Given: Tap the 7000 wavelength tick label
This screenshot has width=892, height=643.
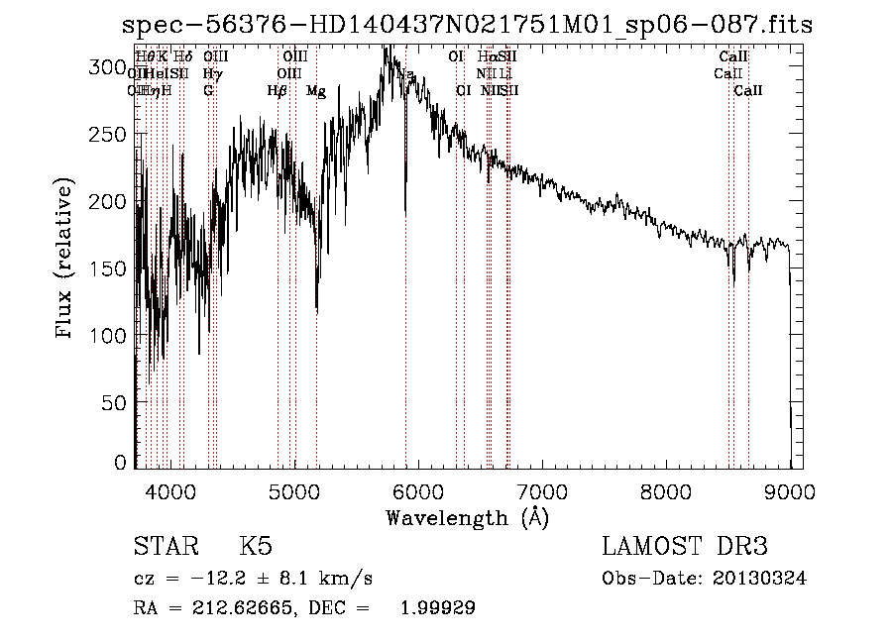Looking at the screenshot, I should [x=542, y=489].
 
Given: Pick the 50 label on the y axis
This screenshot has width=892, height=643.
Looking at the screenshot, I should [x=116, y=402].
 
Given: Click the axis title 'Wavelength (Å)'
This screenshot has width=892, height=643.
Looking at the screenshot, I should [x=467, y=517].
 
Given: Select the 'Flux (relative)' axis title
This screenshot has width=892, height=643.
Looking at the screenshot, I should [x=65, y=260].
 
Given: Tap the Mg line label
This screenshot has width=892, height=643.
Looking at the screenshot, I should [x=316, y=91].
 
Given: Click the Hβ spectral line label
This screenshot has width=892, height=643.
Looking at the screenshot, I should [x=278, y=90].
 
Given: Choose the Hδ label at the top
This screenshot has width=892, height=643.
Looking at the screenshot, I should [x=182, y=57].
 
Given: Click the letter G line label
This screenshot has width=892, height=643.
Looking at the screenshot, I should [x=208, y=90].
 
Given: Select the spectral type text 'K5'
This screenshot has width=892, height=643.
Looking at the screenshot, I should [x=256, y=547].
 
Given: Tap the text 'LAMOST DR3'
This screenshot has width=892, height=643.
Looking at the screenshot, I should [x=684, y=547].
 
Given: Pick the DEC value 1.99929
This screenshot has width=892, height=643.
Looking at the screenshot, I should [x=437, y=608].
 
